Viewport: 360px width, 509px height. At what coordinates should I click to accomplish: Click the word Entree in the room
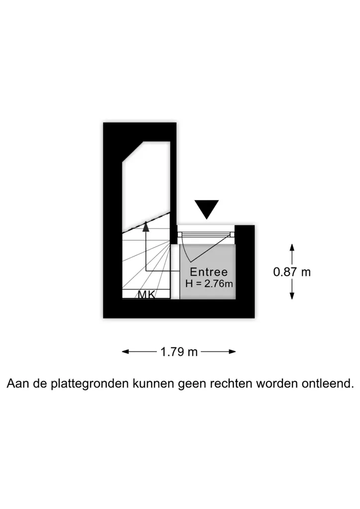[209, 272]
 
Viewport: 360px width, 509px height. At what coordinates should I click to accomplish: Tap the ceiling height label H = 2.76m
[209, 284]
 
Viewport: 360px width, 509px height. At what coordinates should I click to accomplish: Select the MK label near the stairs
[147, 294]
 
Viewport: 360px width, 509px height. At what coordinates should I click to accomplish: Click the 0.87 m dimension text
[292, 272]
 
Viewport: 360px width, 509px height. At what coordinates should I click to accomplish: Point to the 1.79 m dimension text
[179, 351]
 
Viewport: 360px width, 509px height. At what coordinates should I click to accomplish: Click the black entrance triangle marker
[206, 209]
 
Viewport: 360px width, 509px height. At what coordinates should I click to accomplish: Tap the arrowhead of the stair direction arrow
[146, 226]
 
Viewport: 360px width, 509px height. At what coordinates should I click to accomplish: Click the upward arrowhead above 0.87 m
[292, 248]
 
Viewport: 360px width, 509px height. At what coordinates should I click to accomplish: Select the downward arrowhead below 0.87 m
[292, 296]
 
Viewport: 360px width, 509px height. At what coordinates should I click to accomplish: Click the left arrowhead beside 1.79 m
[126, 351]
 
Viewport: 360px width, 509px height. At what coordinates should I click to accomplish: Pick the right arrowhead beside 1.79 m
[232, 351]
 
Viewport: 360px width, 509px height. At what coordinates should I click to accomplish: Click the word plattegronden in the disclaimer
[90, 383]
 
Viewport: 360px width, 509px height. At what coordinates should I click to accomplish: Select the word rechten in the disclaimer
[231, 383]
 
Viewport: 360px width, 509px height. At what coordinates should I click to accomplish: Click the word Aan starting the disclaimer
[17, 383]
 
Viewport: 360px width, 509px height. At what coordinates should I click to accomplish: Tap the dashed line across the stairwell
[146, 222]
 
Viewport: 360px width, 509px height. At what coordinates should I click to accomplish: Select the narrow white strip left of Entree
[175, 271]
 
